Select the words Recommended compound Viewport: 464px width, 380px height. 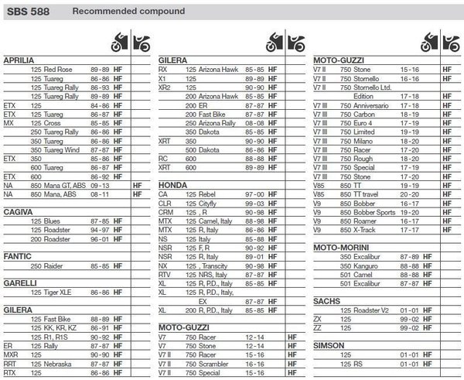(x=128, y=12)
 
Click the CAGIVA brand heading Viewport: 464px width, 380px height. (x=19, y=211)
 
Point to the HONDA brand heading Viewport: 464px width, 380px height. (x=173, y=187)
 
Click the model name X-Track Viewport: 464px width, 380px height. (x=367, y=230)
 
